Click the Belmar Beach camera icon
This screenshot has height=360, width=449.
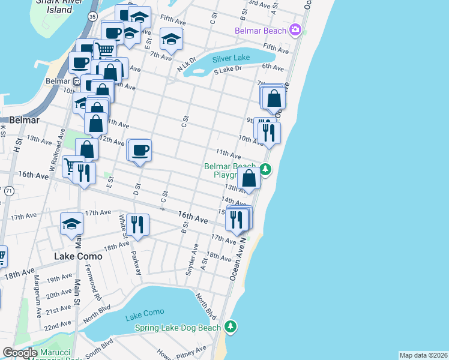point(295,29)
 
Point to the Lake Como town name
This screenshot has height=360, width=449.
point(78,256)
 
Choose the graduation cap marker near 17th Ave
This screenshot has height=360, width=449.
point(72,224)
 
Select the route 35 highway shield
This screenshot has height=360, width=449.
point(92,17)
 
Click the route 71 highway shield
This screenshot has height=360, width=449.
point(9,191)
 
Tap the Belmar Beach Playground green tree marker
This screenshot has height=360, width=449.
point(265,170)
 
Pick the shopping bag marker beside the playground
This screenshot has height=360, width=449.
point(249,178)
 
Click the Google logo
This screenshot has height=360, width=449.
point(20,353)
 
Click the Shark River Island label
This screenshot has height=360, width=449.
point(54,6)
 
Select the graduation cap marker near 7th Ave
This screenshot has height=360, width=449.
point(171,40)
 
